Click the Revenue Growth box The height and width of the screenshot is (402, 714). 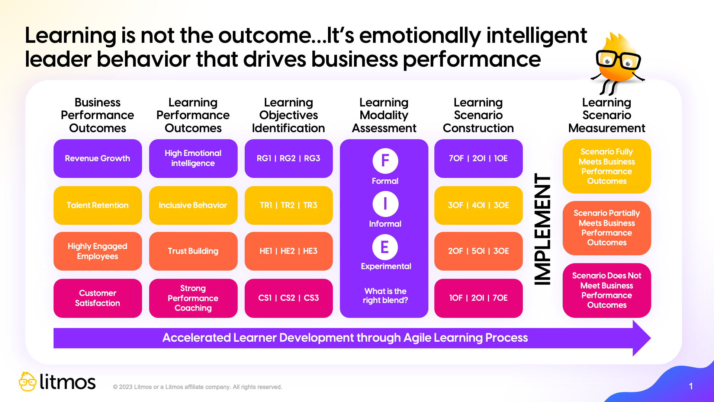(97, 159)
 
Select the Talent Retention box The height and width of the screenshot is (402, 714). (97, 205)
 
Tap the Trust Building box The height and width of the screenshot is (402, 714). (193, 251)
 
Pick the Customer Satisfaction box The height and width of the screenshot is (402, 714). (97, 298)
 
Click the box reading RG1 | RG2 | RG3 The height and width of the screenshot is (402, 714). (289, 159)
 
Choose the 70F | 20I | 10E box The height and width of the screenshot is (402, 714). (478, 159)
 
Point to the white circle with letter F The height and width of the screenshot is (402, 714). (385, 161)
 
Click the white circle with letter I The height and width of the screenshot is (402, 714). (385, 204)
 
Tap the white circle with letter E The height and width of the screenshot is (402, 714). (385, 247)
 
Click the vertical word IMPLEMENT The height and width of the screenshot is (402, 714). (543, 229)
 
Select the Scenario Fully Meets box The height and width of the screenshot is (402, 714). (607, 166)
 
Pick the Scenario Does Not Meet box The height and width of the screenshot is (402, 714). (607, 290)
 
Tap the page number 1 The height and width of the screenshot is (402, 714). (691, 386)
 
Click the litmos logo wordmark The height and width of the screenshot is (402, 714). (67, 382)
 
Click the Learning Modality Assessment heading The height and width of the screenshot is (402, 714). (384, 115)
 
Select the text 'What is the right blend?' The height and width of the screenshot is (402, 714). (385, 296)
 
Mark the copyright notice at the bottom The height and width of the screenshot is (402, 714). (197, 387)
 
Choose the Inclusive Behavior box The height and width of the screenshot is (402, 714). (193, 205)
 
